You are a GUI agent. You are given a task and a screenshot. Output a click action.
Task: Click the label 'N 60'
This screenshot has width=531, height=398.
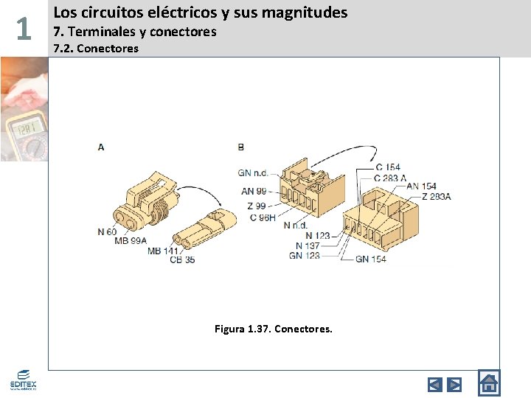(107, 231)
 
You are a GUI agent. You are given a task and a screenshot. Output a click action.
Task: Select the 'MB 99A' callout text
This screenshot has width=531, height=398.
(131, 241)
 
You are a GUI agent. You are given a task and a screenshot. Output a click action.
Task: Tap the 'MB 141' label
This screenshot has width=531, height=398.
(164, 251)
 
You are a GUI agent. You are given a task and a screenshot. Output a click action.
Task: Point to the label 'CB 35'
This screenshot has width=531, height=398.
(182, 260)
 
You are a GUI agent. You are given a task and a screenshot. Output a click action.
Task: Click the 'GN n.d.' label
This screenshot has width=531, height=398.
(252, 173)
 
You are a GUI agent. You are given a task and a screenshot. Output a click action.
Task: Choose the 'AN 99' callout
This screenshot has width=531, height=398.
(254, 191)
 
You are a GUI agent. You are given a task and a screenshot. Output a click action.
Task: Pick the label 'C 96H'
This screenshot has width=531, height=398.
(263, 217)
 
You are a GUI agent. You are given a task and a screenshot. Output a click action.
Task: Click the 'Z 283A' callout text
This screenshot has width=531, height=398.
(437, 196)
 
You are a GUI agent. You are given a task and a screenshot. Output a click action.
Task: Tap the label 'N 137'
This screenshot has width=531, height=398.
(308, 245)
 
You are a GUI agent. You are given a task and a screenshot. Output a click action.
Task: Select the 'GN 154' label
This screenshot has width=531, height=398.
(371, 259)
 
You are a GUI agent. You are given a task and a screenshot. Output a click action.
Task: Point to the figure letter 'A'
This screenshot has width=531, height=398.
(101, 147)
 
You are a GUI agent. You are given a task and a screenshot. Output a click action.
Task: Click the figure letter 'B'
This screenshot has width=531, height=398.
(241, 147)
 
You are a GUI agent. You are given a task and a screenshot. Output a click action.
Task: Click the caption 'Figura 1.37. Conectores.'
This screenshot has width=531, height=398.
(274, 328)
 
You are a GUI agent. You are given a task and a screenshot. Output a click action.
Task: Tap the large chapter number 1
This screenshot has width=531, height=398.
(24, 29)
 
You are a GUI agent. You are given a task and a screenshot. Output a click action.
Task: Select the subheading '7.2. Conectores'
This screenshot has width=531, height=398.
(96, 49)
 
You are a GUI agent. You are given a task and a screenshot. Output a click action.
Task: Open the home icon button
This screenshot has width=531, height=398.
(488, 383)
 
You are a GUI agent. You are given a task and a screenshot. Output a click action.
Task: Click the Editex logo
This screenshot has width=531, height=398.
(23, 380)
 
